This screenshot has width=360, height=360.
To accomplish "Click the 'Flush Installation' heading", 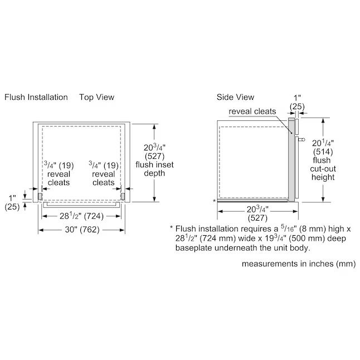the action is point(36,97).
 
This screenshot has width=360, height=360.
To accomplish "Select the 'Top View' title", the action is point(96,97).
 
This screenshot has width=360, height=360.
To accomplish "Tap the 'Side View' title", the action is point(235,97).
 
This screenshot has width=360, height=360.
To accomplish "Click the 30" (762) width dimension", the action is point(82,230).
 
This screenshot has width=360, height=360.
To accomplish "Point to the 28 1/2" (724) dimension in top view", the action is point(81,216).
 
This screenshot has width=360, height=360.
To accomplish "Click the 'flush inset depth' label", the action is point(154,169).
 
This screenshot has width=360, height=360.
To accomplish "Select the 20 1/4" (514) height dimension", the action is point(323,147).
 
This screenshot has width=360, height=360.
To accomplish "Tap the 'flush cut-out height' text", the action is point(323,168).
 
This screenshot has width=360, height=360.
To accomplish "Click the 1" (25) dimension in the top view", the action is point(12,202).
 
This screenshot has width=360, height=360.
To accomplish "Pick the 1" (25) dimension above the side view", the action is point(297,102).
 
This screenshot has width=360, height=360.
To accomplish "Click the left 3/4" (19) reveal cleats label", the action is point(59,173).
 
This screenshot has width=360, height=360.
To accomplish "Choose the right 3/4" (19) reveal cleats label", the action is point(104,173).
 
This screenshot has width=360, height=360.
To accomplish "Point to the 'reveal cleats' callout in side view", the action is point(252,111).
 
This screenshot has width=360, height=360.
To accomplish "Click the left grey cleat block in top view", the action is point(40,196).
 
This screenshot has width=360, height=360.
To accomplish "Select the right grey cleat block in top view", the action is point(123,196).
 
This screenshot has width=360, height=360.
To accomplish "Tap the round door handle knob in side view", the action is point(303,139).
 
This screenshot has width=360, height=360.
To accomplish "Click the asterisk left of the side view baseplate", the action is point(214,201).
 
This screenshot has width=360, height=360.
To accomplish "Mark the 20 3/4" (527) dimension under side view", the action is point(257,213).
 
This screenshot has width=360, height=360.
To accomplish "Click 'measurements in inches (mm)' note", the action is point(299,264).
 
